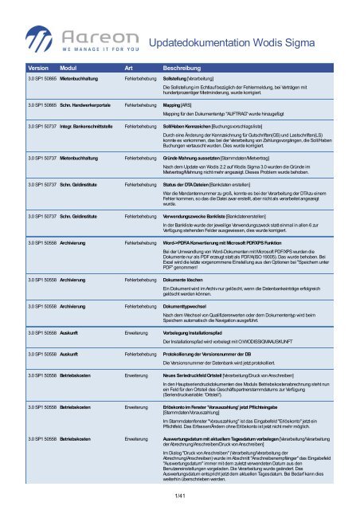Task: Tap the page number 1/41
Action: point(180,496)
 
